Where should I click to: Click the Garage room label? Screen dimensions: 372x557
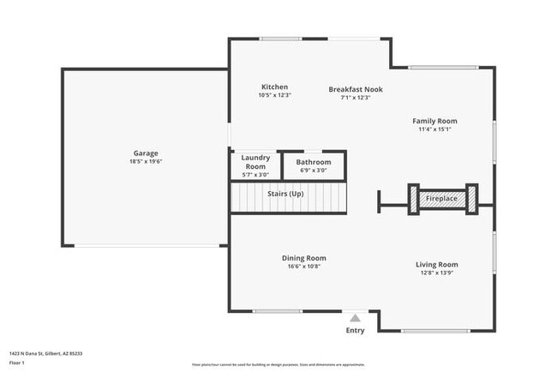145,153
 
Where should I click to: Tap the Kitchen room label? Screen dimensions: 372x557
274,87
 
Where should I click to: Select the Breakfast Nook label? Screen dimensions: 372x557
356,89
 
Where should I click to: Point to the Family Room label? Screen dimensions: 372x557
434,122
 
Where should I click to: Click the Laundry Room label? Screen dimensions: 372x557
255,161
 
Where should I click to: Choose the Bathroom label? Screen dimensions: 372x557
313,162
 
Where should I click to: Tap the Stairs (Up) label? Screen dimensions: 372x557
285,194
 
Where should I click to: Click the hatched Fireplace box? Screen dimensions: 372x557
442,199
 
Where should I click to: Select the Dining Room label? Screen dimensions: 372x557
303,258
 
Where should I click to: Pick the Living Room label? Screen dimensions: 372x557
436,265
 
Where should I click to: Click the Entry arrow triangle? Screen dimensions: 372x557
355,318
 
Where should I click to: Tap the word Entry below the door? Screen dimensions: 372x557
355,330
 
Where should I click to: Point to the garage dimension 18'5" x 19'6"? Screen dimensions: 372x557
145,161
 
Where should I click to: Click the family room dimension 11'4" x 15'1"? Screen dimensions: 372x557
434,130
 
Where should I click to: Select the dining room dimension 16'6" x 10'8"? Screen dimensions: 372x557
303,267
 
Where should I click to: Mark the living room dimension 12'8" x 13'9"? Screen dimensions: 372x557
436,273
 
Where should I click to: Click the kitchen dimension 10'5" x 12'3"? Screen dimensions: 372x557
274,95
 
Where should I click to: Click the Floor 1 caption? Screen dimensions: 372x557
18,363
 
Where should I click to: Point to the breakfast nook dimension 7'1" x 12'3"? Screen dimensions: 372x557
356,97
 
